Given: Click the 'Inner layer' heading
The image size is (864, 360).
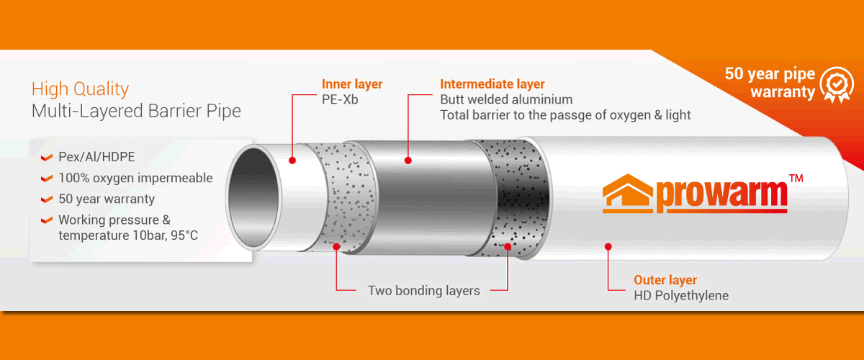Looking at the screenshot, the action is pyautogui.click(x=352, y=84).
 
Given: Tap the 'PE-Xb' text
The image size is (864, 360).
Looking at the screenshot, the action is pyautogui.click(x=340, y=99).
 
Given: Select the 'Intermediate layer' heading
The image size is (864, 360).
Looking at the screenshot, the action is pyautogui.click(x=492, y=84).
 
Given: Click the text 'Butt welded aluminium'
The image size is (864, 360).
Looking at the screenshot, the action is pyautogui.click(x=506, y=99).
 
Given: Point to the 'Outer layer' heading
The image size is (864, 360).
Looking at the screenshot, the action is pyautogui.click(x=665, y=280).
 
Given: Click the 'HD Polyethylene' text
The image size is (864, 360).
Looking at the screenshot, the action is pyautogui.click(x=681, y=296).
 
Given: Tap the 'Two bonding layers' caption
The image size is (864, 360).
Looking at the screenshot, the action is pyautogui.click(x=424, y=291).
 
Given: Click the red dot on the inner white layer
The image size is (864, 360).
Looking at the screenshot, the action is pyautogui.click(x=292, y=161).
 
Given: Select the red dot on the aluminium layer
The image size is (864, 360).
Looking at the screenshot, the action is pyautogui.click(x=408, y=161).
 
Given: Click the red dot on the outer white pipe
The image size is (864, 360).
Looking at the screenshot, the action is pyautogui.click(x=608, y=246).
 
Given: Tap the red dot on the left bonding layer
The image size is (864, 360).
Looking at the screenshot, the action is pyautogui.click(x=336, y=246).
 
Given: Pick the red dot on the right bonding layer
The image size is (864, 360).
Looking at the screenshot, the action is pyautogui.click(x=508, y=246).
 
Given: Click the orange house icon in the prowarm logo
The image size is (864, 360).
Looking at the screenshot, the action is pyautogui.click(x=628, y=194).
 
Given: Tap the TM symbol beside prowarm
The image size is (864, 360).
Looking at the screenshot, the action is pyautogui.click(x=796, y=179).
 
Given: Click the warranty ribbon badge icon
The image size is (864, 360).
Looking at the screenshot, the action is pyautogui.click(x=837, y=85).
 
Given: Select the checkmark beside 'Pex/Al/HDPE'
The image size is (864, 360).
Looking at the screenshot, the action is pyautogui.click(x=47, y=158).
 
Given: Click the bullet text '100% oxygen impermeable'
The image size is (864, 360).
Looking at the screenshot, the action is pyautogui.click(x=135, y=178).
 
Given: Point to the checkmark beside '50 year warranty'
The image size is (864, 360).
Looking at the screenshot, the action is pyautogui.click(x=47, y=199).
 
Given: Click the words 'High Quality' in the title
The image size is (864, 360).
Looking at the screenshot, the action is pyautogui.click(x=80, y=89).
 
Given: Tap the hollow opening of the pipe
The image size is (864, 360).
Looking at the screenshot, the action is pyautogui.click(x=253, y=197).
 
